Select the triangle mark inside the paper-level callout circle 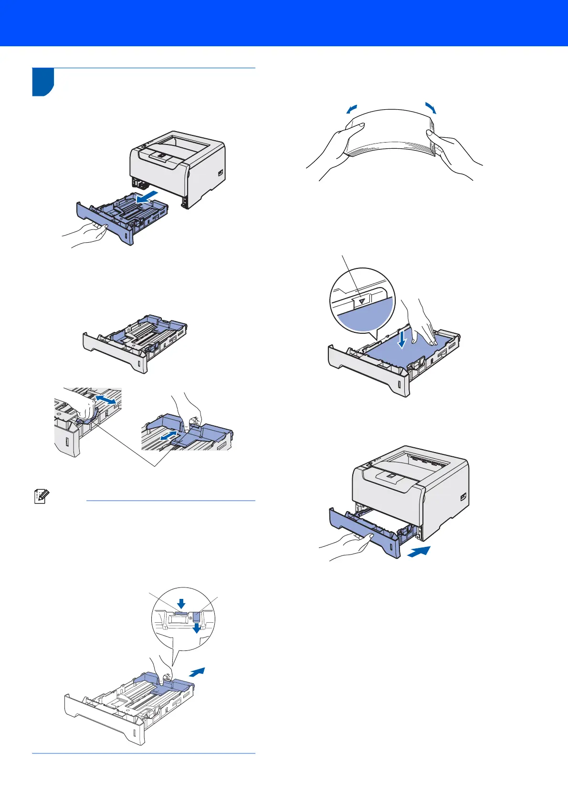362,301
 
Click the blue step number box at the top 43,82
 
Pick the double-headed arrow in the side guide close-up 105,400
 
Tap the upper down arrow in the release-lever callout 181,604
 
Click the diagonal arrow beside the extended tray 197,672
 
